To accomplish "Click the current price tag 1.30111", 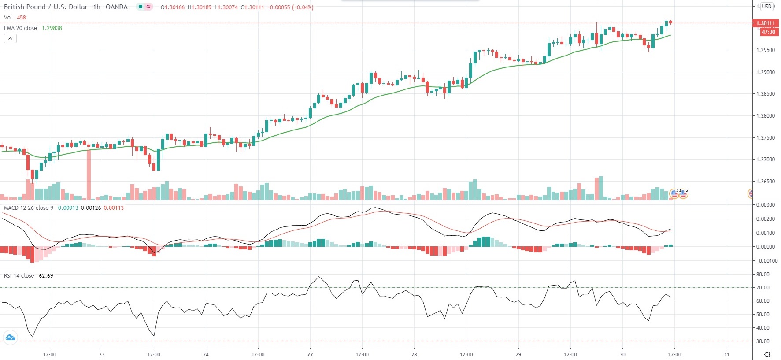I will [x=765, y=23].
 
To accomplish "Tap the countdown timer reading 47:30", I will [x=768, y=32].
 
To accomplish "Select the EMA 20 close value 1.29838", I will [x=52, y=28].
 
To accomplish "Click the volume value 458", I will [x=22, y=18].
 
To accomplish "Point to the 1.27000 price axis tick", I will [x=766, y=160].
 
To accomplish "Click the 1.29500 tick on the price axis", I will [x=766, y=50].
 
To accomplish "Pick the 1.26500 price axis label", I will [x=766, y=182].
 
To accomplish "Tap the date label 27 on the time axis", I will [x=310, y=354].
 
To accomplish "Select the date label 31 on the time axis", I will [x=726, y=354].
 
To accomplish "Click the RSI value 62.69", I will [x=46, y=276].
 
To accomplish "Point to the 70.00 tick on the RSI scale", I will [x=762, y=288].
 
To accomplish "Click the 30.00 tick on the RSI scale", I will [x=762, y=341].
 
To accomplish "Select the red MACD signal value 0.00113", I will [x=114, y=208].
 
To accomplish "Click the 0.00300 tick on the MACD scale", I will [x=766, y=205].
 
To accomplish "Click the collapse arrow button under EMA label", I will [x=10, y=39].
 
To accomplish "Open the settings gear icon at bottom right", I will [x=767, y=354].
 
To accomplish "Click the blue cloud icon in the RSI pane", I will [x=10, y=338].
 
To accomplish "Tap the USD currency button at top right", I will [x=767, y=7].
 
